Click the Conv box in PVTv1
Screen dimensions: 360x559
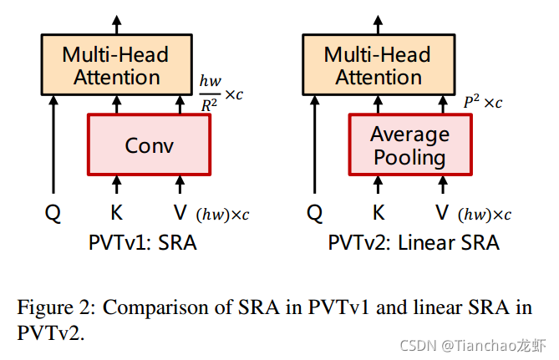tap(149, 145)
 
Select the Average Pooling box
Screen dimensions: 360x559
tap(409, 145)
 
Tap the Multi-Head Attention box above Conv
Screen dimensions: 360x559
tap(116, 66)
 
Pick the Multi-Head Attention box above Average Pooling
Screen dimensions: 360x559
tap(378, 66)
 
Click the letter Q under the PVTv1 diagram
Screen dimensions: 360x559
tap(53, 213)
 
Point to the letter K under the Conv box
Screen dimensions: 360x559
tap(117, 213)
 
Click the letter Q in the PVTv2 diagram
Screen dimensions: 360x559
tap(315, 213)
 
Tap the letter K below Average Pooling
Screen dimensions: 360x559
tap(379, 213)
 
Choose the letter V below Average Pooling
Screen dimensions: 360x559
tap(441, 213)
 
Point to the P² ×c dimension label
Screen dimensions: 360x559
tap(482, 103)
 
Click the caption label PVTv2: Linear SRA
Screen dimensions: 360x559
tap(413, 243)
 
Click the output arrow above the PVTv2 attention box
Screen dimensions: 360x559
tap(379, 23)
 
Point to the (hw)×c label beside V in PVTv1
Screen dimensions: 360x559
tap(222, 215)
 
